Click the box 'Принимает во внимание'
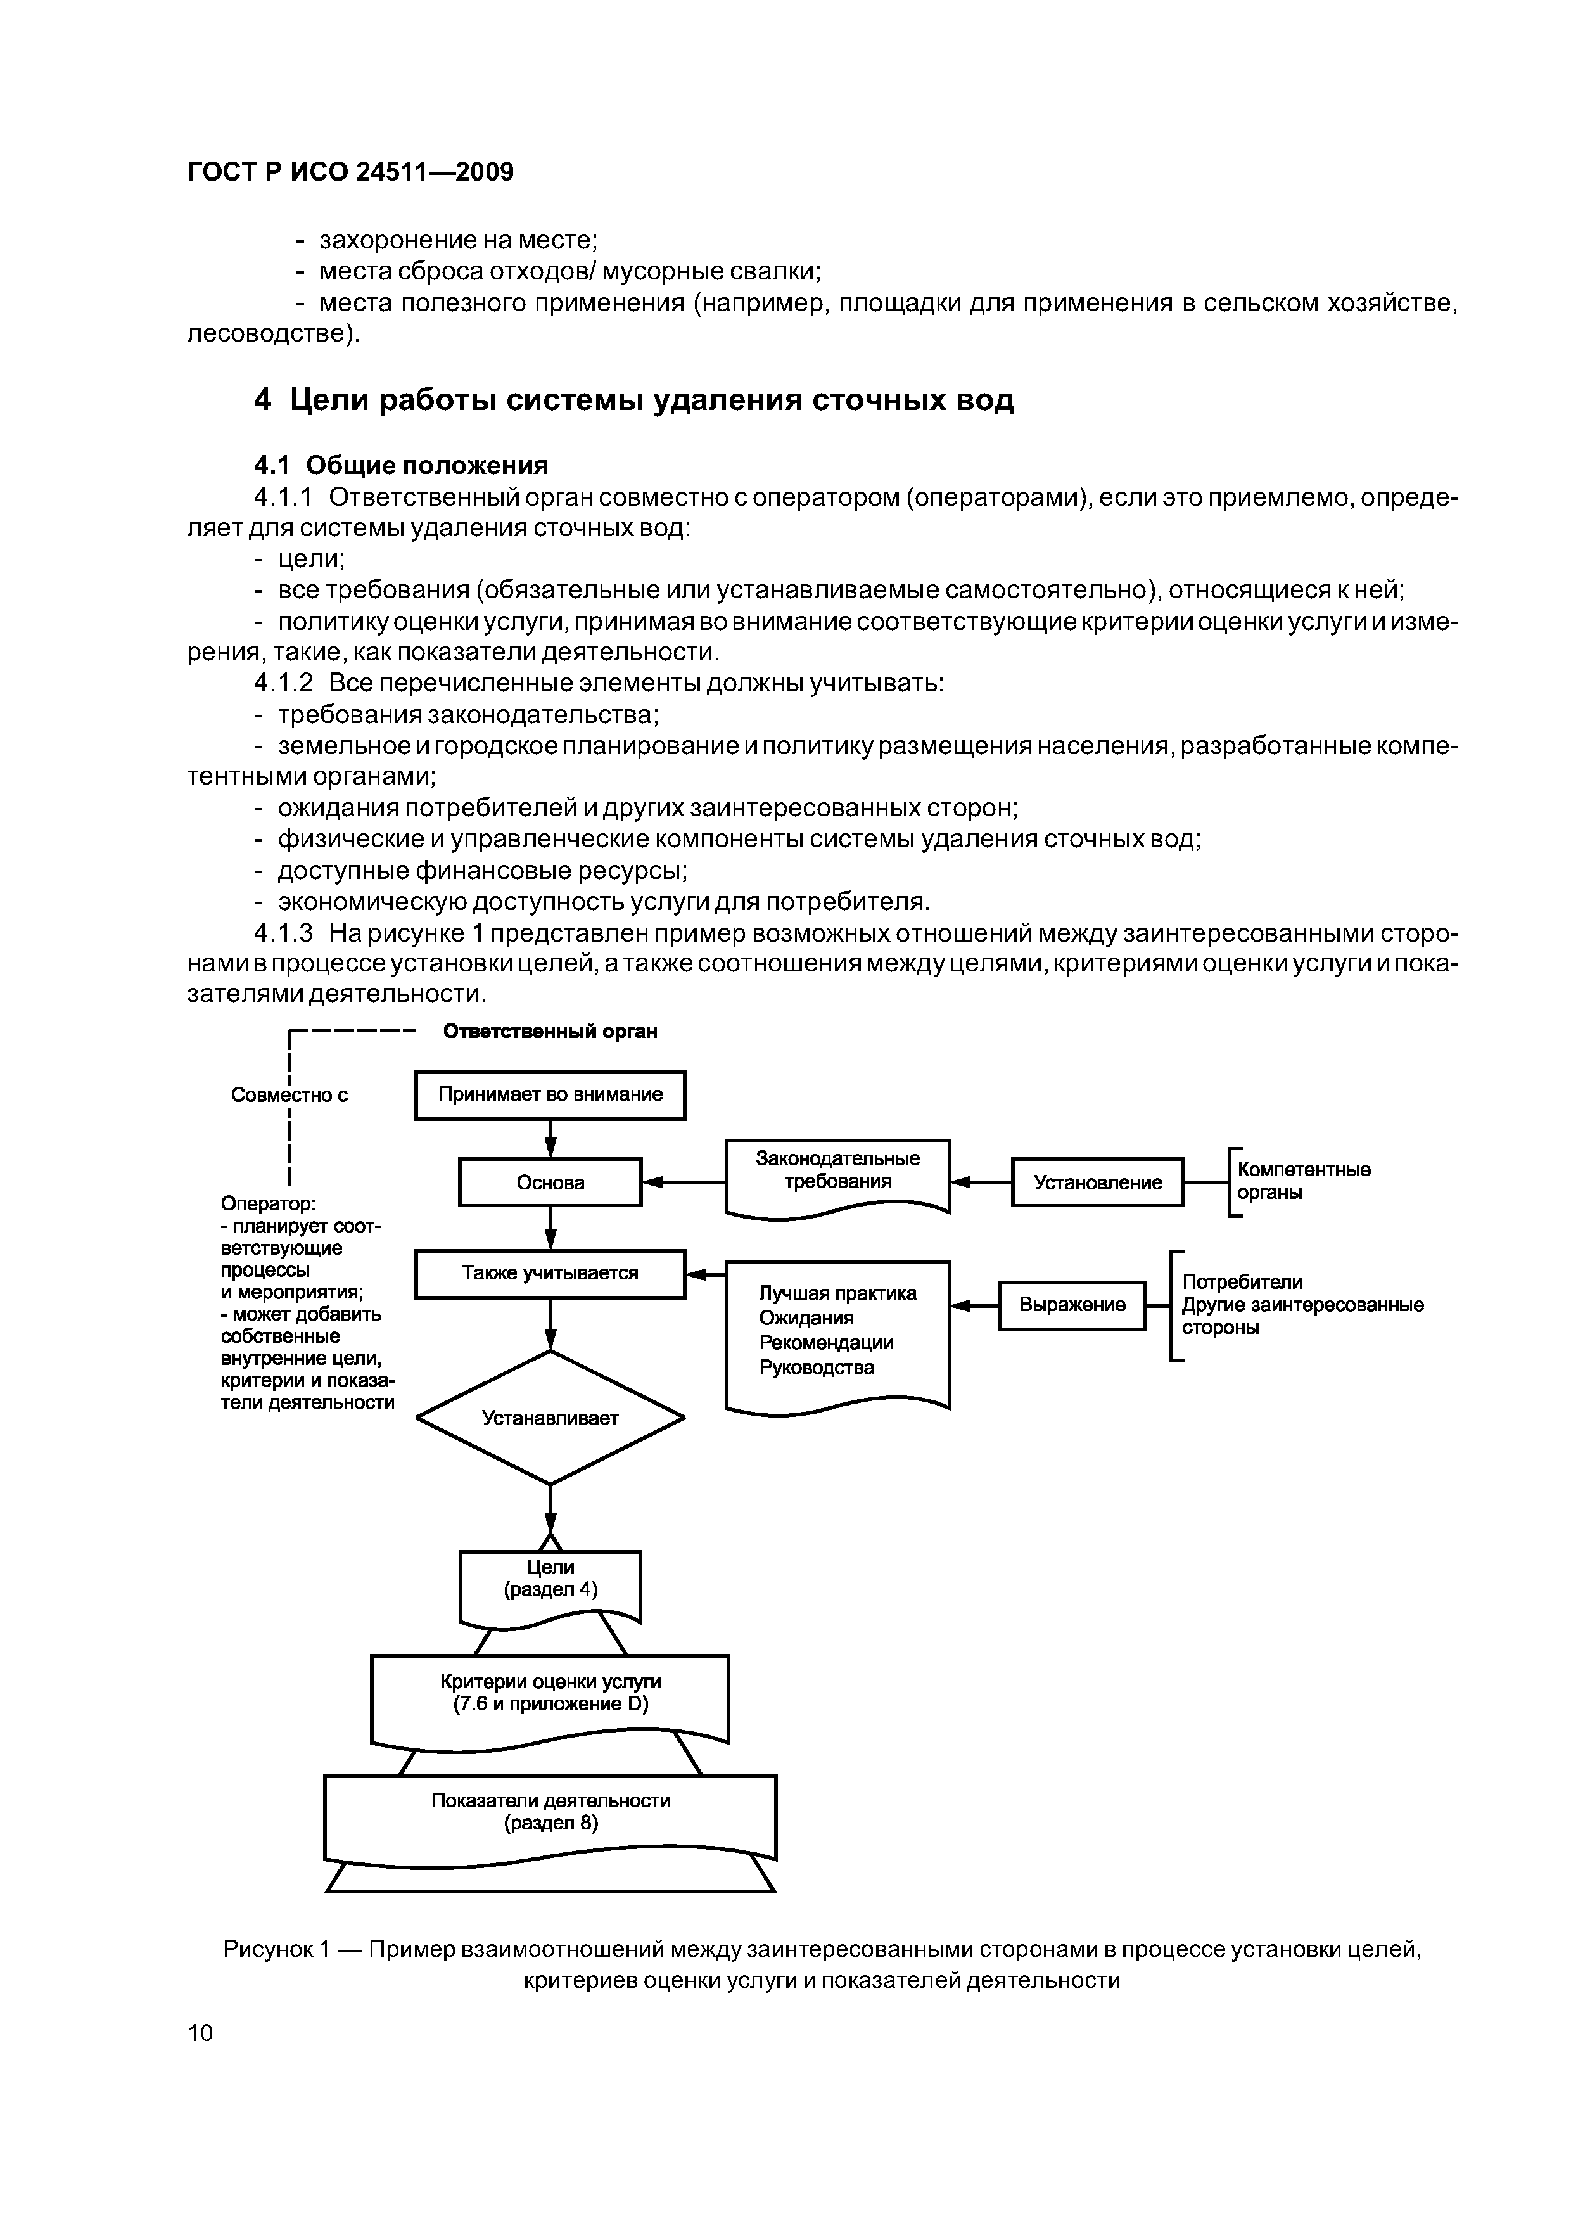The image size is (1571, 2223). point(550,1095)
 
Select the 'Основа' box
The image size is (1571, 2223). point(550,1182)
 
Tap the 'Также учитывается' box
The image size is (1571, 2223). point(550,1273)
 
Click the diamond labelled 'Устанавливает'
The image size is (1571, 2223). point(550,1418)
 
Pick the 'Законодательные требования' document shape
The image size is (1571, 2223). point(837,1172)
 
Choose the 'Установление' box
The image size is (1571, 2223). point(1098,1182)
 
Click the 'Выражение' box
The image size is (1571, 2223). point(1072,1305)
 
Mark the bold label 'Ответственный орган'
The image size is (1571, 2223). point(550,1031)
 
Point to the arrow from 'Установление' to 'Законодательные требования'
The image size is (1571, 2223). point(981,1182)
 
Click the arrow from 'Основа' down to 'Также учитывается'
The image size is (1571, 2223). point(550,1227)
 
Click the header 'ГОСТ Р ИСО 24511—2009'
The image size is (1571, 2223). point(350,172)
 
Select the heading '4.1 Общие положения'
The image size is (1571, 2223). point(401,466)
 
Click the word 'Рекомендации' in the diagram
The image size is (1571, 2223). point(825,1343)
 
